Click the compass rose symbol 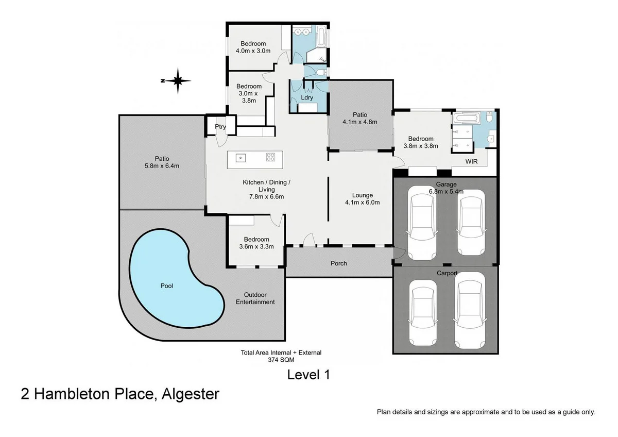(177, 80)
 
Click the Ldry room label (307, 97)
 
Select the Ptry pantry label (220, 127)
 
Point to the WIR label (472, 162)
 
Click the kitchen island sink (241, 157)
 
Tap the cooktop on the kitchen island (270, 157)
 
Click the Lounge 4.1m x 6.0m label (363, 199)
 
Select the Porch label (338, 263)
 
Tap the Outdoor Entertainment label (255, 298)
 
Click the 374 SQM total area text (281, 361)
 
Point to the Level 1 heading (308, 375)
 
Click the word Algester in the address (191, 394)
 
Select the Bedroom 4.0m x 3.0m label (253, 47)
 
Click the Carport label (447, 273)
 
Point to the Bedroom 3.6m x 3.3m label (256, 243)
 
